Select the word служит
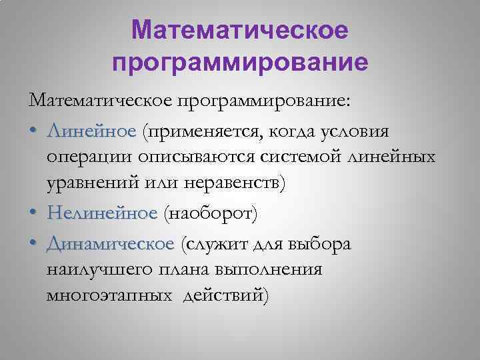click(216, 244)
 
